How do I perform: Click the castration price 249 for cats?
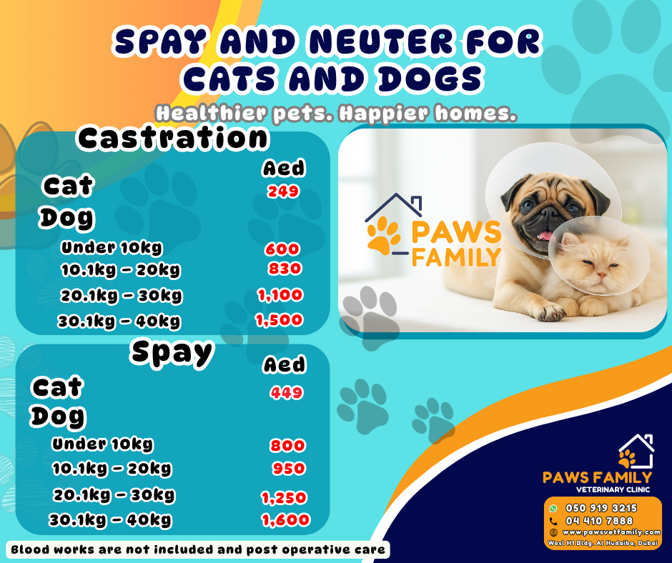pos(283,191)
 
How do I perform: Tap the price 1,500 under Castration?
pos(280,320)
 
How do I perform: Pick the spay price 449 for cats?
pos(287,392)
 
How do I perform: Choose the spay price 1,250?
pos(284,497)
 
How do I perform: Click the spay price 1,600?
pos(286,521)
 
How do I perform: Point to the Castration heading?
pos(173,138)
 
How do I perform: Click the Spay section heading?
pos(172,352)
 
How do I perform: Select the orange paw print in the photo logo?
pos(383,236)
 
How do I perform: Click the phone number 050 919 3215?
pos(601,508)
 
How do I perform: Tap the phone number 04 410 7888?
pos(599,521)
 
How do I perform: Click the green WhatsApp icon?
pos(553,508)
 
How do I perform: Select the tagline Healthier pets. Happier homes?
pos(335,114)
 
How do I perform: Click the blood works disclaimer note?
pos(198,549)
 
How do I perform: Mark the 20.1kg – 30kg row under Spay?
pos(114,494)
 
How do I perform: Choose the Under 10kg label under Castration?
pos(112,248)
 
